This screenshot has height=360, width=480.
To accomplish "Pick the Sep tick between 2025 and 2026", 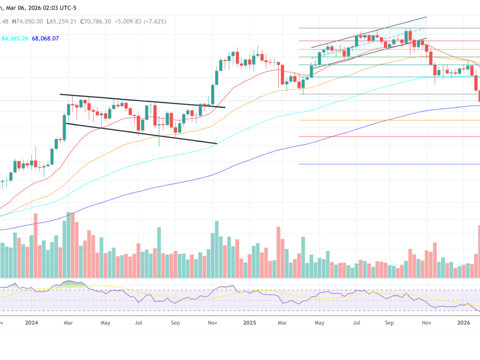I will pos(389,323).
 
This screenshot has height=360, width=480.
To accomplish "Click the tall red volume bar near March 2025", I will pos(277,252).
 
